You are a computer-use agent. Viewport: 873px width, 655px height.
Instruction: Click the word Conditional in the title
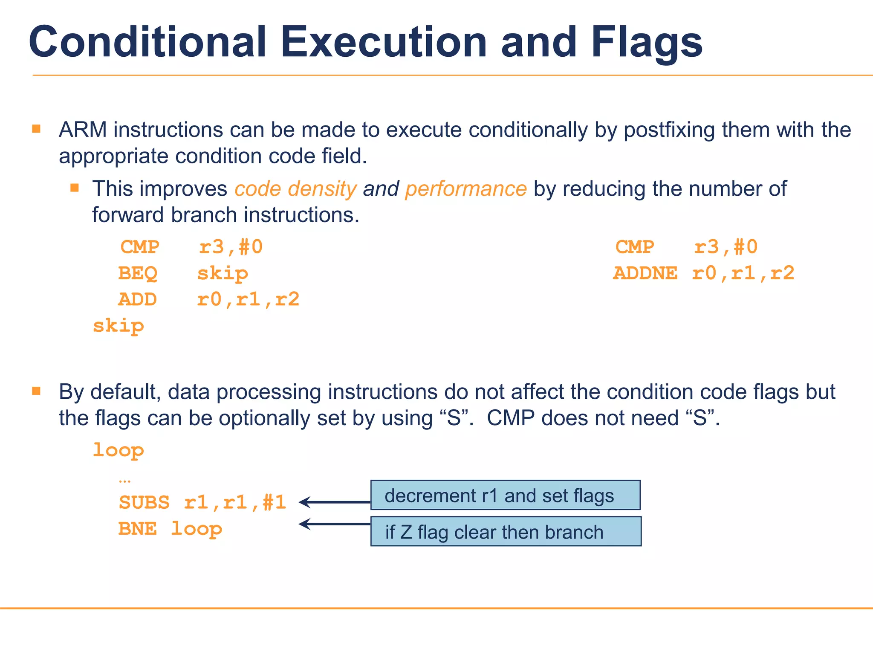(x=147, y=42)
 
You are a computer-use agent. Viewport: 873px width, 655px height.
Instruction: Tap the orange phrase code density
(x=295, y=189)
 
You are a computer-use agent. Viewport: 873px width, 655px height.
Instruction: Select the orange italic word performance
(x=466, y=189)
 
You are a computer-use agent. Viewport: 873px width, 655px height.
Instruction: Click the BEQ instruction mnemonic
(x=138, y=273)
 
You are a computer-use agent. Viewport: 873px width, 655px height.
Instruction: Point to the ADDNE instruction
(x=645, y=273)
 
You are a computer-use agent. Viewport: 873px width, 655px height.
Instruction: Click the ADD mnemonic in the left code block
(x=137, y=299)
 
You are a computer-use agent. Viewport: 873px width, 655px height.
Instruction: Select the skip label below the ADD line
(x=119, y=326)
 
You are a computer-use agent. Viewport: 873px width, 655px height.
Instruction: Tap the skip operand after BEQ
(x=223, y=273)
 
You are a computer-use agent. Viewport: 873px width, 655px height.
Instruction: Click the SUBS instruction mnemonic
(x=144, y=502)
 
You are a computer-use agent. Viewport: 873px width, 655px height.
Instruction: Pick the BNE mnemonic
(x=137, y=529)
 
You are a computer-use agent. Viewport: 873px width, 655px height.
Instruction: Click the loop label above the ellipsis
(x=119, y=450)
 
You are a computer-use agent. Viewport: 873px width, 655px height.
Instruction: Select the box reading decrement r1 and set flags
(x=505, y=495)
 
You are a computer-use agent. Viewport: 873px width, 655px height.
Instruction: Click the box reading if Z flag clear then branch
(x=506, y=531)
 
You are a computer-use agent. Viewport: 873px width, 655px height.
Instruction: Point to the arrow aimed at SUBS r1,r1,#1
(x=334, y=502)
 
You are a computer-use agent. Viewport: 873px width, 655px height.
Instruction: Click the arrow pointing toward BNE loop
(x=334, y=524)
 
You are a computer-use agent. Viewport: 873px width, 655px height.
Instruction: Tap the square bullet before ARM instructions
(x=36, y=129)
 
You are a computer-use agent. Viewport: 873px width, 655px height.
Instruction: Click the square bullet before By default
(x=36, y=391)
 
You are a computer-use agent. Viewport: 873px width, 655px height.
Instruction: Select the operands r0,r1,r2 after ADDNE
(x=743, y=273)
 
